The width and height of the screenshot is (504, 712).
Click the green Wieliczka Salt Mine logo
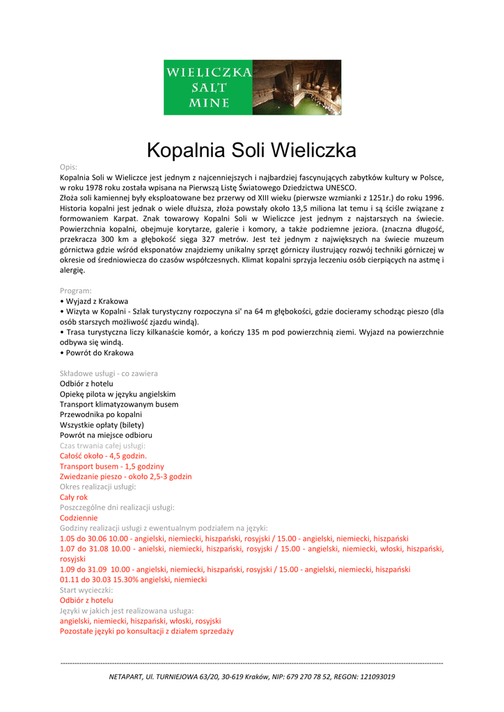click(x=208, y=87)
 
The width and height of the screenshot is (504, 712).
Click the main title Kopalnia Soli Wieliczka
click(x=251, y=150)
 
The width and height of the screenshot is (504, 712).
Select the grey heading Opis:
click(x=68, y=167)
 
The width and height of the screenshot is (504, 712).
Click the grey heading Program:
click(x=76, y=291)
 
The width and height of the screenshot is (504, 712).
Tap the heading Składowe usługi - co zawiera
click(x=109, y=373)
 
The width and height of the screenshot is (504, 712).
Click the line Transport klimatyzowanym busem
click(x=119, y=404)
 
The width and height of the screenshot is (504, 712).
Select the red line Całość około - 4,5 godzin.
click(x=103, y=456)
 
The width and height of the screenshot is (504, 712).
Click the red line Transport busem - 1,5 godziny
click(x=112, y=467)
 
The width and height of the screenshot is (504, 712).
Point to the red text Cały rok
click(x=74, y=497)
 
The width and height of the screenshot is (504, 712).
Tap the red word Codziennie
click(x=79, y=518)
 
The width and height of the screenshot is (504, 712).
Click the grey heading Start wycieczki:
click(x=86, y=590)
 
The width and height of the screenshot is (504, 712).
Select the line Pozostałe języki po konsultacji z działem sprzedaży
click(x=147, y=631)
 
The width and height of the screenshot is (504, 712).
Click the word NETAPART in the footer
click(x=126, y=677)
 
